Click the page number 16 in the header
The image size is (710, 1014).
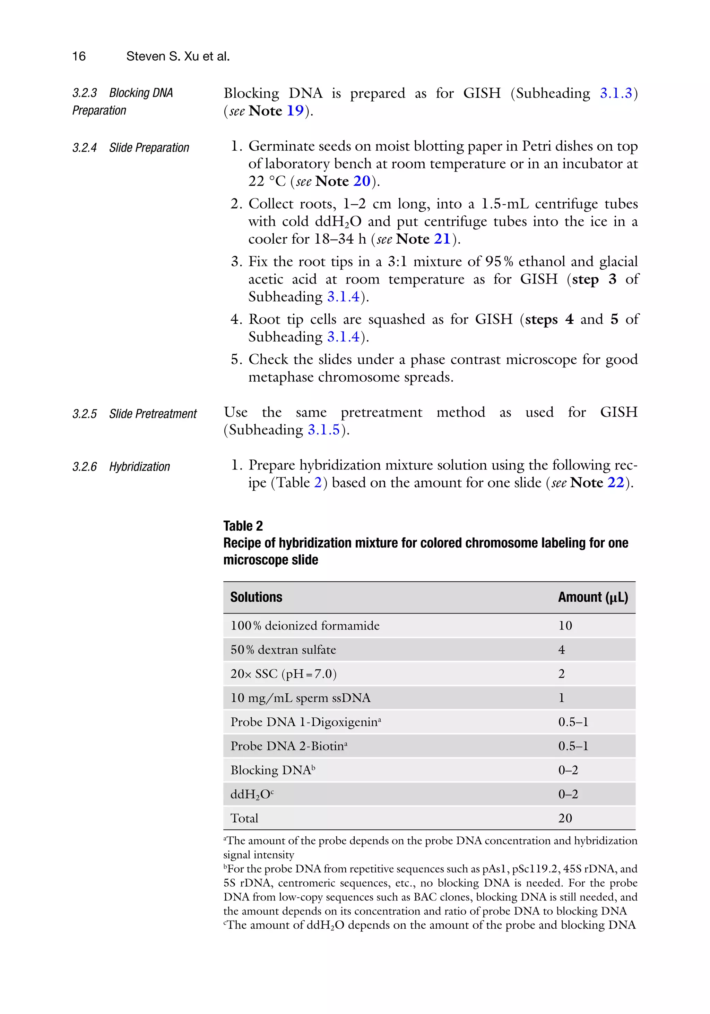[79, 56]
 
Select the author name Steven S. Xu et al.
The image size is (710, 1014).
[178, 56]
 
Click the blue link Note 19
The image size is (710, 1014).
[295, 110]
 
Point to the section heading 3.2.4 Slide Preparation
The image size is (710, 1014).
[131, 147]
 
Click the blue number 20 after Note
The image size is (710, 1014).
[361, 181]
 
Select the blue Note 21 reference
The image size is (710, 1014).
[442, 239]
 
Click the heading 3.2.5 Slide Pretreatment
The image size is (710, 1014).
[134, 414]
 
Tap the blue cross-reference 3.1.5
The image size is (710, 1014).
[323, 430]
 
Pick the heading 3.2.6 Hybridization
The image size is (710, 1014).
[121, 467]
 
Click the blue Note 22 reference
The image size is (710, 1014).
[616, 483]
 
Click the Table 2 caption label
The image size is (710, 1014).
[243, 526]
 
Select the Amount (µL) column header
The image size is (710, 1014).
[592, 597]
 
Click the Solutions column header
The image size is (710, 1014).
[256, 597]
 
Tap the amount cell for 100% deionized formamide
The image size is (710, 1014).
[565, 625]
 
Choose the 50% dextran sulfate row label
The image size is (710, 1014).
[283, 650]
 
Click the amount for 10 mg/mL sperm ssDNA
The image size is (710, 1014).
[561, 698]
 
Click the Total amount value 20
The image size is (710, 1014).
[565, 818]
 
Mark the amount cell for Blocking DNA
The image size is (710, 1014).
[568, 770]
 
